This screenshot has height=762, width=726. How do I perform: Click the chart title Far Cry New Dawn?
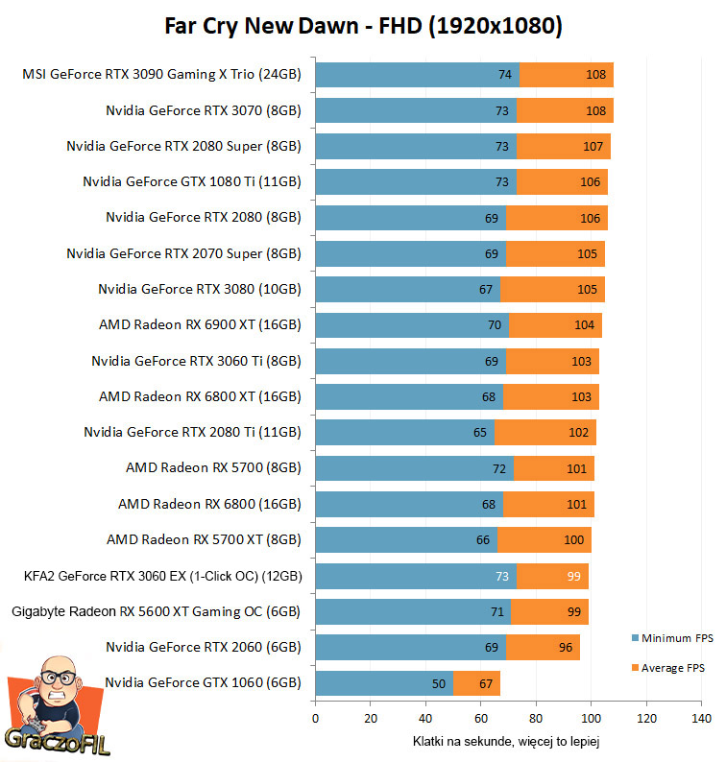click(363, 26)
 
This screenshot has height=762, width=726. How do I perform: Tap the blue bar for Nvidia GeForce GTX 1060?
click(384, 683)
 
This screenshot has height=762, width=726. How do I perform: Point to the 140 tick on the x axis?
click(701, 718)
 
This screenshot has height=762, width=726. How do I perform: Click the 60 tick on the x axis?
click(481, 718)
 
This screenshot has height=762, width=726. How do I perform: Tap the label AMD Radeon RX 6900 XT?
click(200, 325)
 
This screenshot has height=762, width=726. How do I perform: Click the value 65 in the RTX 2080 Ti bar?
click(480, 433)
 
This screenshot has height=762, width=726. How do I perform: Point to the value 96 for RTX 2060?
click(566, 648)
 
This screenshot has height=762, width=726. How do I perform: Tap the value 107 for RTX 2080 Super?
click(593, 147)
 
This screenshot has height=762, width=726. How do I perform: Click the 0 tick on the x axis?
click(315, 718)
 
